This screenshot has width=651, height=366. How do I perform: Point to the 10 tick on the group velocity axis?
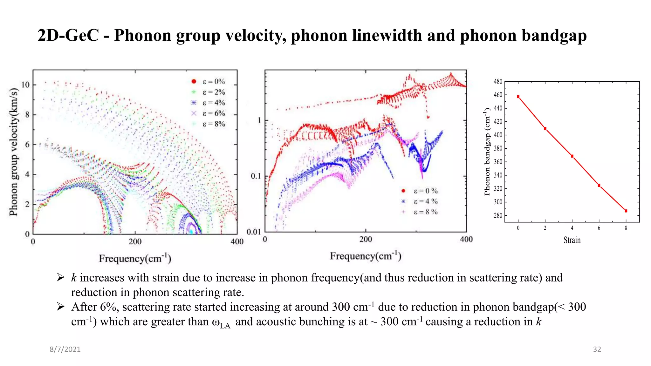click(x=25, y=85)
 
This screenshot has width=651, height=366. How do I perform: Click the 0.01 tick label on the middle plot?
click(x=254, y=232)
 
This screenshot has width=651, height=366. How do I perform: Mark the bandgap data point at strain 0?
click(x=518, y=97)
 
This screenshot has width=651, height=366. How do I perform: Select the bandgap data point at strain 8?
click(x=626, y=211)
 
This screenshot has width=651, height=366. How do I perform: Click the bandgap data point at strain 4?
click(x=572, y=156)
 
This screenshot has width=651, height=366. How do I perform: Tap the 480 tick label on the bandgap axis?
click(x=498, y=82)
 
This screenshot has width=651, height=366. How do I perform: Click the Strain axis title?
click(x=572, y=240)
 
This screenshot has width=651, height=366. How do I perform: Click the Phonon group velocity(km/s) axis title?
click(x=13, y=152)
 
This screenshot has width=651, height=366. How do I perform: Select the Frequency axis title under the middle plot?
click(x=366, y=256)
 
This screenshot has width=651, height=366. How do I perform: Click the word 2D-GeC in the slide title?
click(x=68, y=36)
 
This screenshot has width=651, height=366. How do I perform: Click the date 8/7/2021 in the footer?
click(x=65, y=349)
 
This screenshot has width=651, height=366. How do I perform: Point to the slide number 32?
click(x=597, y=349)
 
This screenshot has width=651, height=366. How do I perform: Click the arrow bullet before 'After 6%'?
click(x=60, y=307)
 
